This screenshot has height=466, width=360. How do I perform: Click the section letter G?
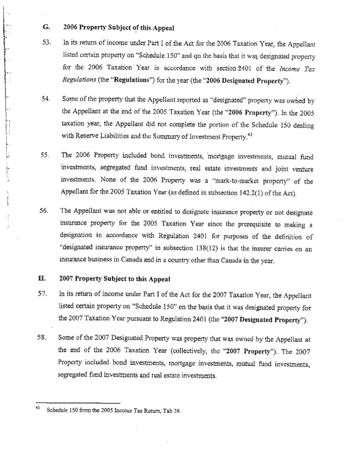[45, 27]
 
